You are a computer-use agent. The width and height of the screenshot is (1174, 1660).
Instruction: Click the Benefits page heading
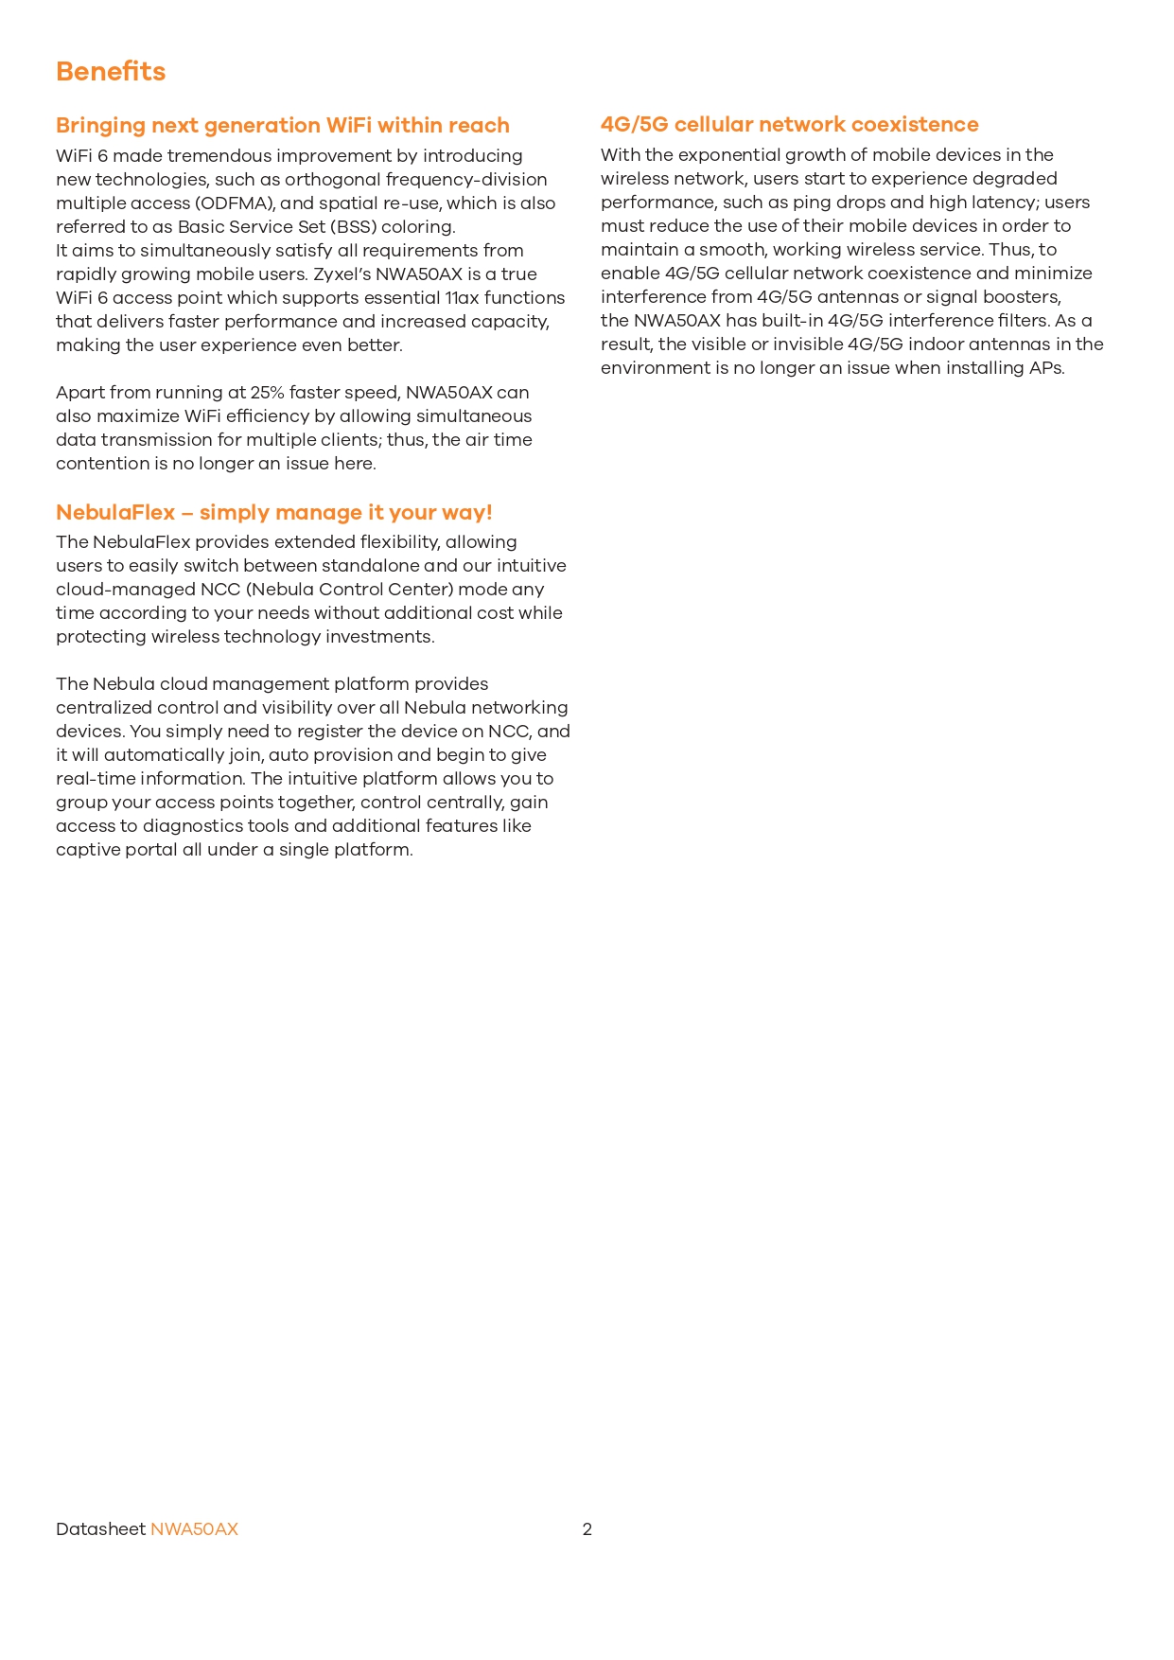coord(111,72)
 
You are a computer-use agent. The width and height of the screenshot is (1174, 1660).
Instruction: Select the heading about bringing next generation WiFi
coord(282,126)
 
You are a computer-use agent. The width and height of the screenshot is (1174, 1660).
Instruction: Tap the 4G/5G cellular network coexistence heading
coord(789,125)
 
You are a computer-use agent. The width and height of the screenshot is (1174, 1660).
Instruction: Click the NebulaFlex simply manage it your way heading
coord(273,513)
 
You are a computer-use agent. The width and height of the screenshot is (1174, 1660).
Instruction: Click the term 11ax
coord(462,298)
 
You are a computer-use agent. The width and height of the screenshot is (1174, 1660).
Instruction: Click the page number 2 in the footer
coord(587,1529)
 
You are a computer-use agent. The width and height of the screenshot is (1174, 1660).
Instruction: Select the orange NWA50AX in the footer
coord(194,1529)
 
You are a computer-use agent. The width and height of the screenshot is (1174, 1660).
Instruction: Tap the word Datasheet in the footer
coord(100,1529)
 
